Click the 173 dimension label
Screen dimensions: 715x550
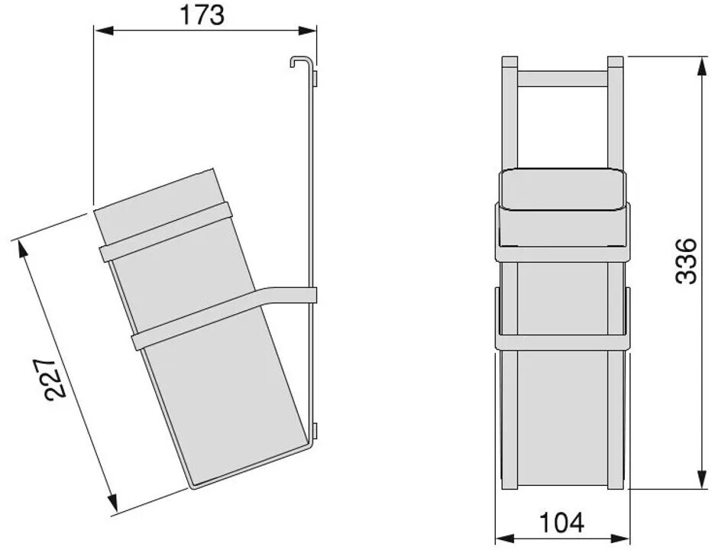pyautogui.click(x=202, y=15)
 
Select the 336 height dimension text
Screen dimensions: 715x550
pyautogui.click(x=685, y=260)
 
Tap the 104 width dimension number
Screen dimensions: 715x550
pyautogui.click(x=561, y=522)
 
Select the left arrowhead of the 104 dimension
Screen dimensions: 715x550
pyautogui.click(x=504, y=539)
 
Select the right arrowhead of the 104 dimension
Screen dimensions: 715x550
pyautogui.click(x=620, y=539)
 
